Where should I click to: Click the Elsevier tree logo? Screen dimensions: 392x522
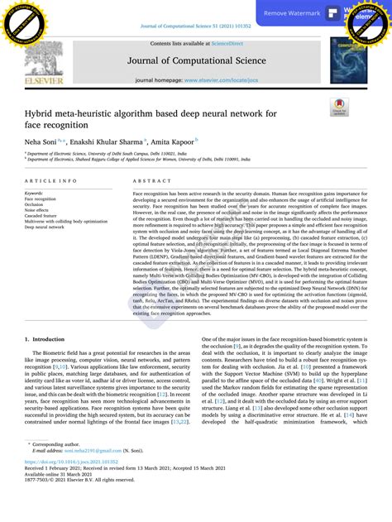coord(43,61)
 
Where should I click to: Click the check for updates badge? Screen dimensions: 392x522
coord(339,108)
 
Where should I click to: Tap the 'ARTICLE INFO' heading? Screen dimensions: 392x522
coord(51,180)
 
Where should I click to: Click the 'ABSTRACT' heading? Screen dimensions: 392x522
coord(151,180)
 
